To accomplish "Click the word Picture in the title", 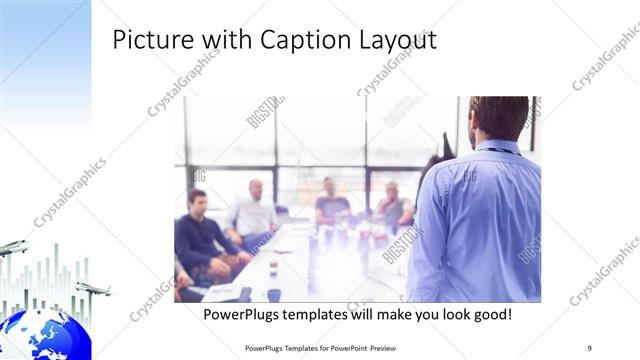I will [x=148, y=41].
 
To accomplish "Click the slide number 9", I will [x=590, y=347].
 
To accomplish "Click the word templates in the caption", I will [x=327, y=314].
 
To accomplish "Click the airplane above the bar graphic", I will [x=13, y=247].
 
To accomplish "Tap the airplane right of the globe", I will [x=93, y=289].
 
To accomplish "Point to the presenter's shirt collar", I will [x=497, y=147].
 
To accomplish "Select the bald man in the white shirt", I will [x=253, y=212].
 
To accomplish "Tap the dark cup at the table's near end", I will [x=273, y=294].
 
